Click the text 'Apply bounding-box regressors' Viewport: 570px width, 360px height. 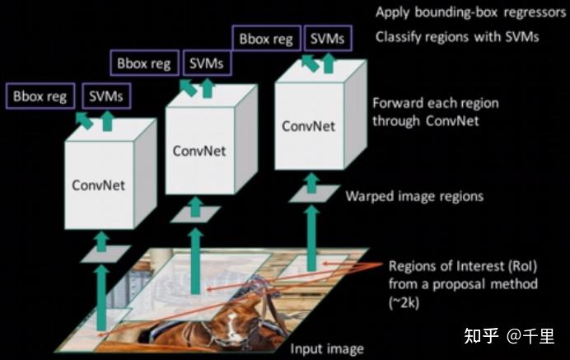[471, 12]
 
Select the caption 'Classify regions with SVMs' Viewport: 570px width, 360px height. [457, 37]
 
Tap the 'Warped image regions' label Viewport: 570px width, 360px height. [414, 196]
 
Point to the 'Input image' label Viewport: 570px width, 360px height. [327, 349]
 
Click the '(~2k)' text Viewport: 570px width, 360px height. [404, 302]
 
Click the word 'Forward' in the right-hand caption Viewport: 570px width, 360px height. [396, 103]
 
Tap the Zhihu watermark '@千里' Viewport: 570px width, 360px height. [530, 335]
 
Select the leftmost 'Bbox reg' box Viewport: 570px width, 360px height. [40, 96]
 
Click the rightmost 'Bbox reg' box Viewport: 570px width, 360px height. [266, 38]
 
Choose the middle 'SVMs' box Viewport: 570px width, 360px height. [207, 63]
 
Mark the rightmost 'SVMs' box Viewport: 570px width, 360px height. [328, 38]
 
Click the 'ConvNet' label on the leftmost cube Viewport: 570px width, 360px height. [99, 185]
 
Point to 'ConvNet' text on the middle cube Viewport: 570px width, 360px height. [199, 151]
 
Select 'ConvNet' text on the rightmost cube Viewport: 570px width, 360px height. [309, 126]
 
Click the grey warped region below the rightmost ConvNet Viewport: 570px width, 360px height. [315, 194]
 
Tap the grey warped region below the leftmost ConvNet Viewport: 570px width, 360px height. [105, 254]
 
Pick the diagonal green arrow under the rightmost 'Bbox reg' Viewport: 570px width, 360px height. [310, 63]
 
